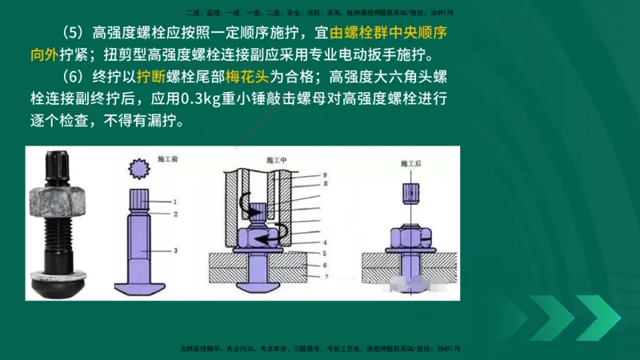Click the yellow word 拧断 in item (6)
coord(152,78)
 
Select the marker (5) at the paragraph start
coord(68,34)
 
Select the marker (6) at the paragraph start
coord(68,78)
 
